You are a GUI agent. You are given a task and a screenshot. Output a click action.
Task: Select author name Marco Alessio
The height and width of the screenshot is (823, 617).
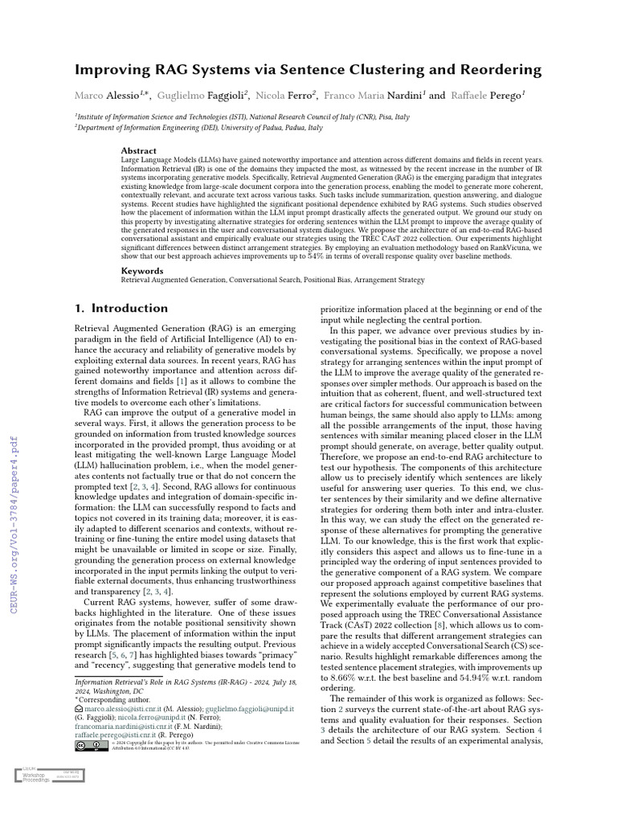(x=107, y=96)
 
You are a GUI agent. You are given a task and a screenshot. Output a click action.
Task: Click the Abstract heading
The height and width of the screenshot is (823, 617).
(x=139, y=150)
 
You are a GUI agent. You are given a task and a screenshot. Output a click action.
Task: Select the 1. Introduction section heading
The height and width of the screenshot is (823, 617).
(x=121, y=308)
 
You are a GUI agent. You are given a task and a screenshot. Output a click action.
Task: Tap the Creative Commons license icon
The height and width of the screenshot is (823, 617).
(x=92, y=746)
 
